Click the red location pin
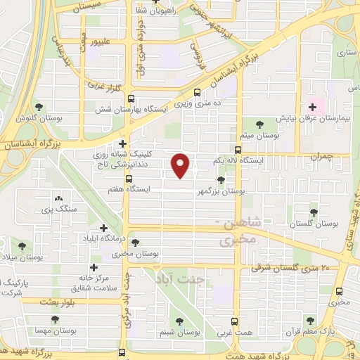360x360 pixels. (181, 165)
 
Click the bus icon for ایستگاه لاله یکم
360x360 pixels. (237, 150)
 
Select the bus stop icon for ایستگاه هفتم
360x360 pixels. (127, 179)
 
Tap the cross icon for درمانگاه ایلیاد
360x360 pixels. (104, 228)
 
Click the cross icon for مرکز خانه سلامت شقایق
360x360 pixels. (94, 267)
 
